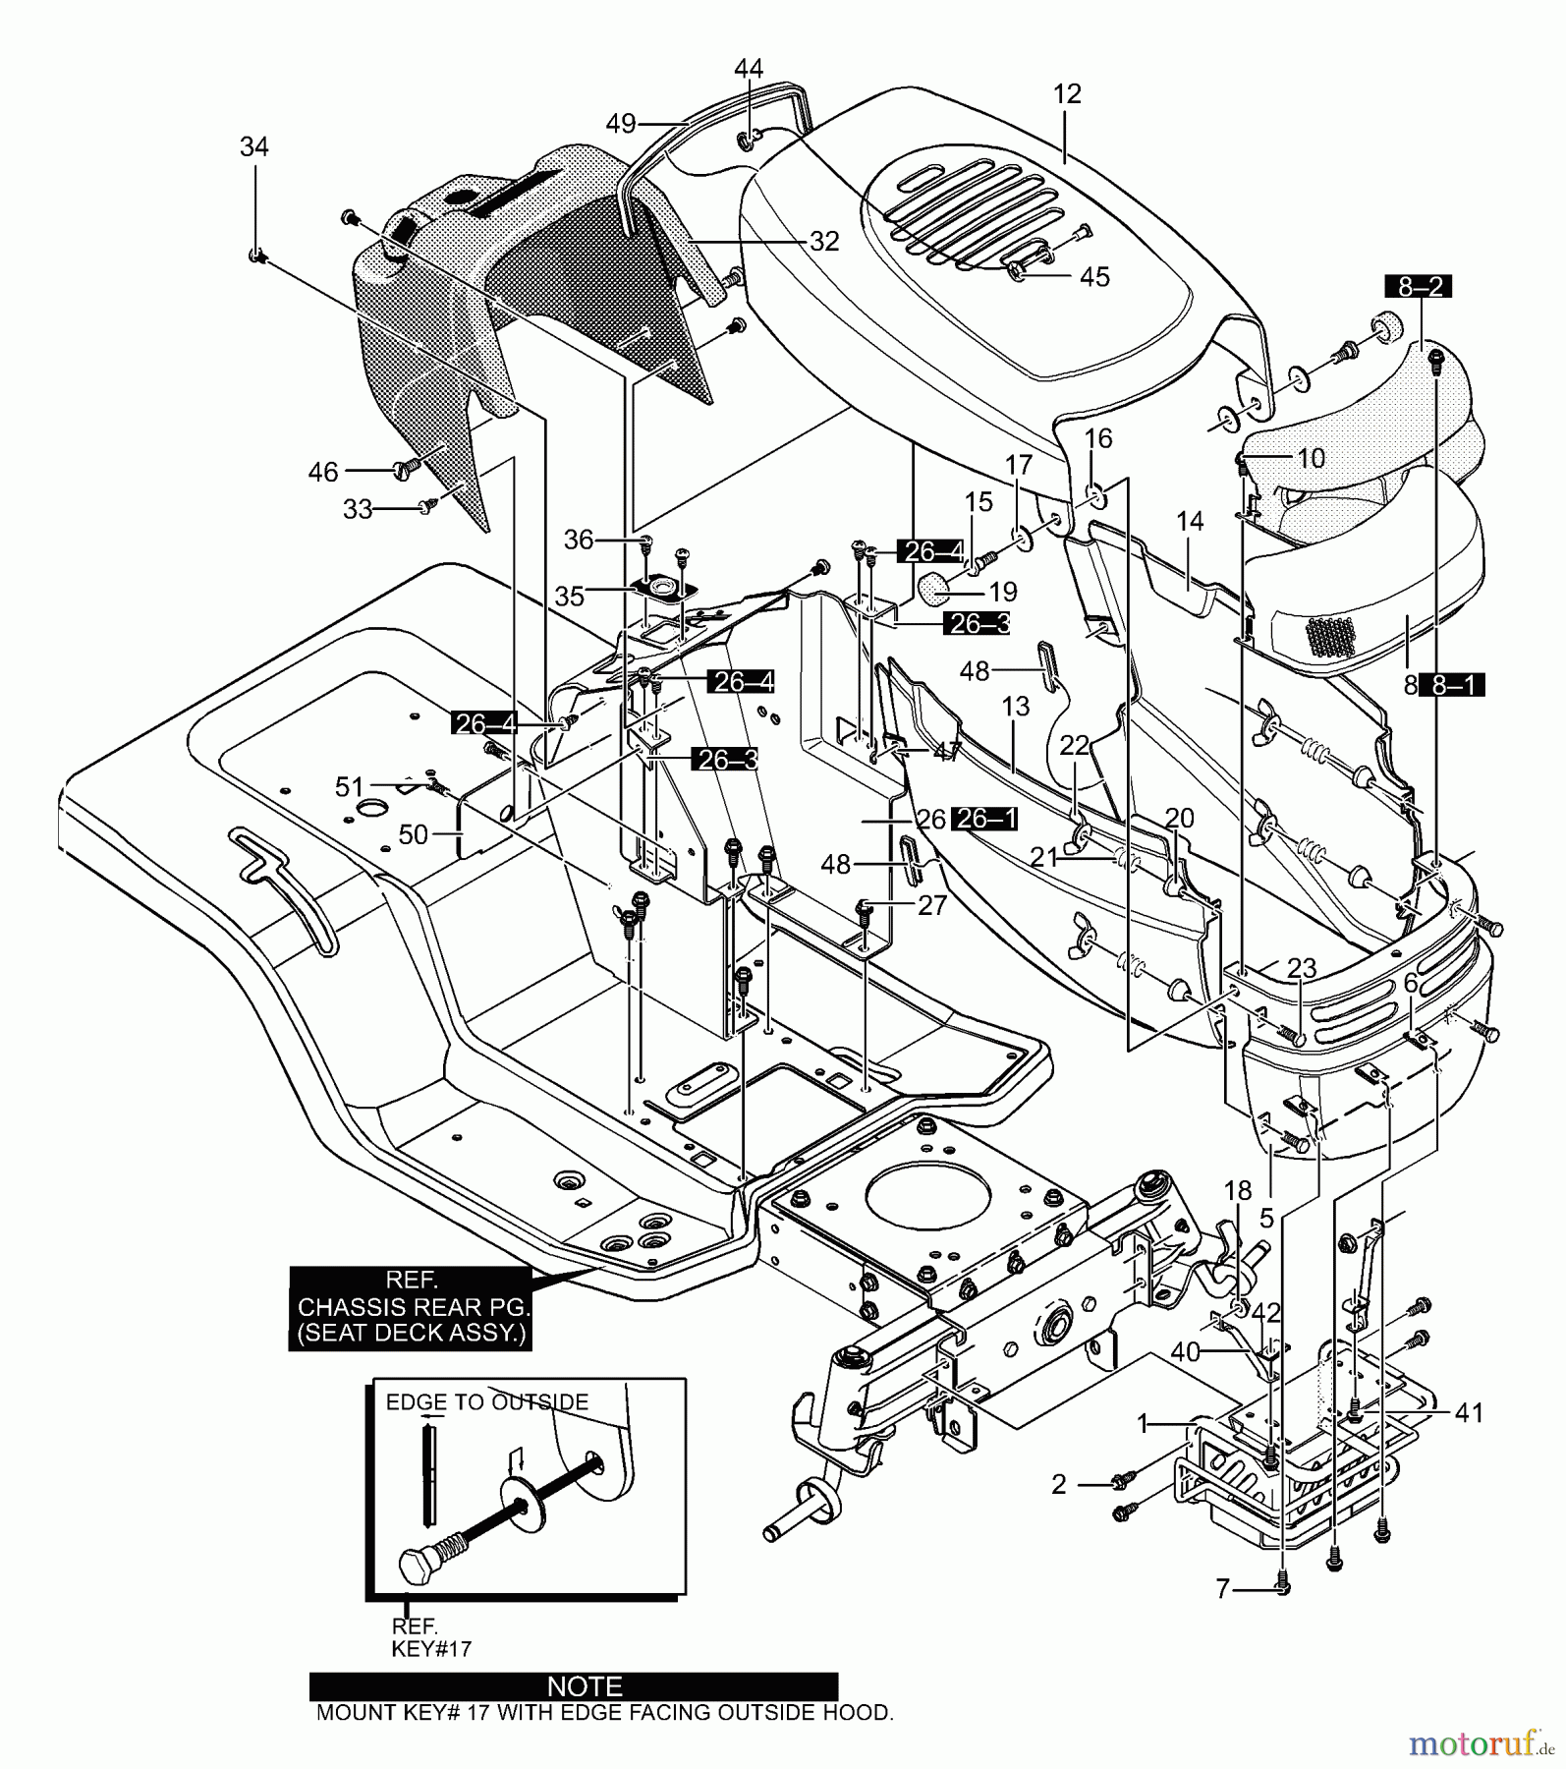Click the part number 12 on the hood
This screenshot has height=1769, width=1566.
[x=1067, y=94]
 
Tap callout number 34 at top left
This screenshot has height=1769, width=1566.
[x=254, y=146]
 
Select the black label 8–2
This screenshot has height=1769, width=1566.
[x=1418, y=288]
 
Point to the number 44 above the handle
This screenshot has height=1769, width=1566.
[x=749, y=68]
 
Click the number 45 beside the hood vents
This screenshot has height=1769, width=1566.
[x=1094, y=277]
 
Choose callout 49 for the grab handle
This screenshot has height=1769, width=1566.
[x=621, y=124]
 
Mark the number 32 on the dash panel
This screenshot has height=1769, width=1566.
[x=825, y=241]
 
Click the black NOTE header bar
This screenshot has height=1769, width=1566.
[x=574, y=1687]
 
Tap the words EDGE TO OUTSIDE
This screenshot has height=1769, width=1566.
[x=487, y=1402]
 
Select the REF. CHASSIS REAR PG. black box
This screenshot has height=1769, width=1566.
[x=412, y=1308]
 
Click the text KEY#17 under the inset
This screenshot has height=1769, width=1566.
[x=431, y=1649]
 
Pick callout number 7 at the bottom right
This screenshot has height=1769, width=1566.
[x=1223, y=1589]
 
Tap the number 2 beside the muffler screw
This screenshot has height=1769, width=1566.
[x=1058, y=1484]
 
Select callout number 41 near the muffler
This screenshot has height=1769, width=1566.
[x=1470, y=1413]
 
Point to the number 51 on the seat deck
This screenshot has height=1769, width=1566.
[x=350, y=787]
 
